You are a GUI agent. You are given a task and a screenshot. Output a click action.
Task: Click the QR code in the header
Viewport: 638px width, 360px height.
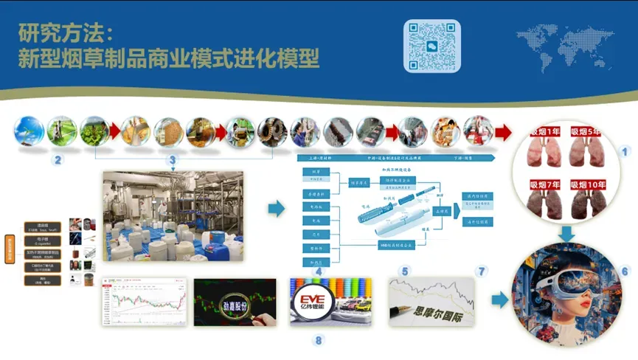coord(432,46)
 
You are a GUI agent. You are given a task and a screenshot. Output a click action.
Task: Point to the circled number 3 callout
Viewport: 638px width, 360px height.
coord(173,159)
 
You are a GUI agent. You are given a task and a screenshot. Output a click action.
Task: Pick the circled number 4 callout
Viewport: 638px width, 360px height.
coord(319,271)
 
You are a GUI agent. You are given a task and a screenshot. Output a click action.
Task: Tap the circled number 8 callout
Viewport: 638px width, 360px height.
coord(319,340)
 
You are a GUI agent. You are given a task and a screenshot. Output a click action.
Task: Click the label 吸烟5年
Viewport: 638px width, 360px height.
coord(587,131)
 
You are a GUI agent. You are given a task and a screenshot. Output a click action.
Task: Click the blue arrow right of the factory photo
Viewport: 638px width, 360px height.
coord(276,210)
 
